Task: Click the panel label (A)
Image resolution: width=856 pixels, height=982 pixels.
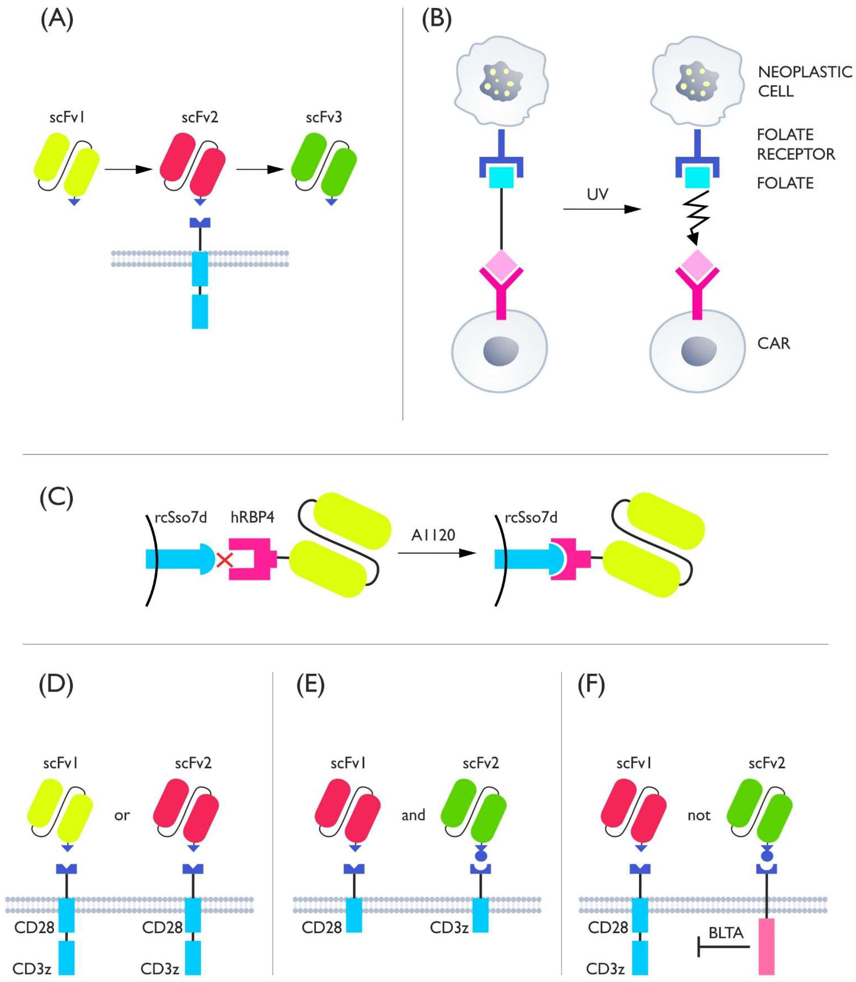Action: pyautogui.click(x=57, y=20)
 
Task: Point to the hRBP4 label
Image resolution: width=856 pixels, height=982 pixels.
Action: pyautogui.click(x=252, y=517)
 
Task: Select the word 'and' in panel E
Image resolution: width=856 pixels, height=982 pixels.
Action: pyautogui.click(x=413, y=815)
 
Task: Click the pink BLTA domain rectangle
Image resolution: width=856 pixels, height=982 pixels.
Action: pyautogui.click(x=766, y=946)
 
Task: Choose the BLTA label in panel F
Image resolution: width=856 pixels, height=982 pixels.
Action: pyautogui.click(x=726, y=932)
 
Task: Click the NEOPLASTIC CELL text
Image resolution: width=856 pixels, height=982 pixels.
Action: pyautogui.click(x=804, y=81)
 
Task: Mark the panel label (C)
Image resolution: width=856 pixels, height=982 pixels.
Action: pyautogui.click(x=56, y=498)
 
